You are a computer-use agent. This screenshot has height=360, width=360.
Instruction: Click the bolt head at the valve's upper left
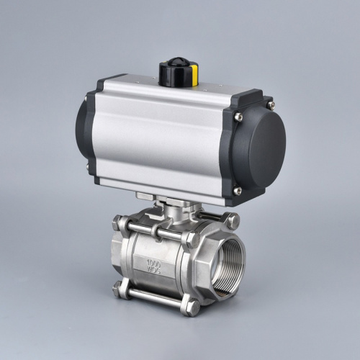click(x=120, y=225)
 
